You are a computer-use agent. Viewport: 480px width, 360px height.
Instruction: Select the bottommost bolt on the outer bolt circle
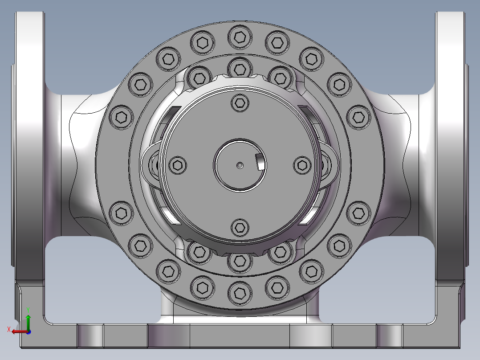click(x=240, y=292)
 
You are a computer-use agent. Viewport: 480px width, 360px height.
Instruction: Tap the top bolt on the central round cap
click(x=240, y=103)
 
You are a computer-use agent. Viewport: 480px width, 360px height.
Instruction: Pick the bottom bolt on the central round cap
click(x=240, y=228)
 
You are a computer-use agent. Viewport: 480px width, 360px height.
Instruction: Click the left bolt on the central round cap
click(x=178, y=165)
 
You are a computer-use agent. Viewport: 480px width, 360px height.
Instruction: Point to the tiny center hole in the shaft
click(x=240, y=165)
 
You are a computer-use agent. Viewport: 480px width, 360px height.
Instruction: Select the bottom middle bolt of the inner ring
click(x=240, y=262)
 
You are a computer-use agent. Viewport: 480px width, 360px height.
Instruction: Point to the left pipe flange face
click(x=30, y=147)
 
